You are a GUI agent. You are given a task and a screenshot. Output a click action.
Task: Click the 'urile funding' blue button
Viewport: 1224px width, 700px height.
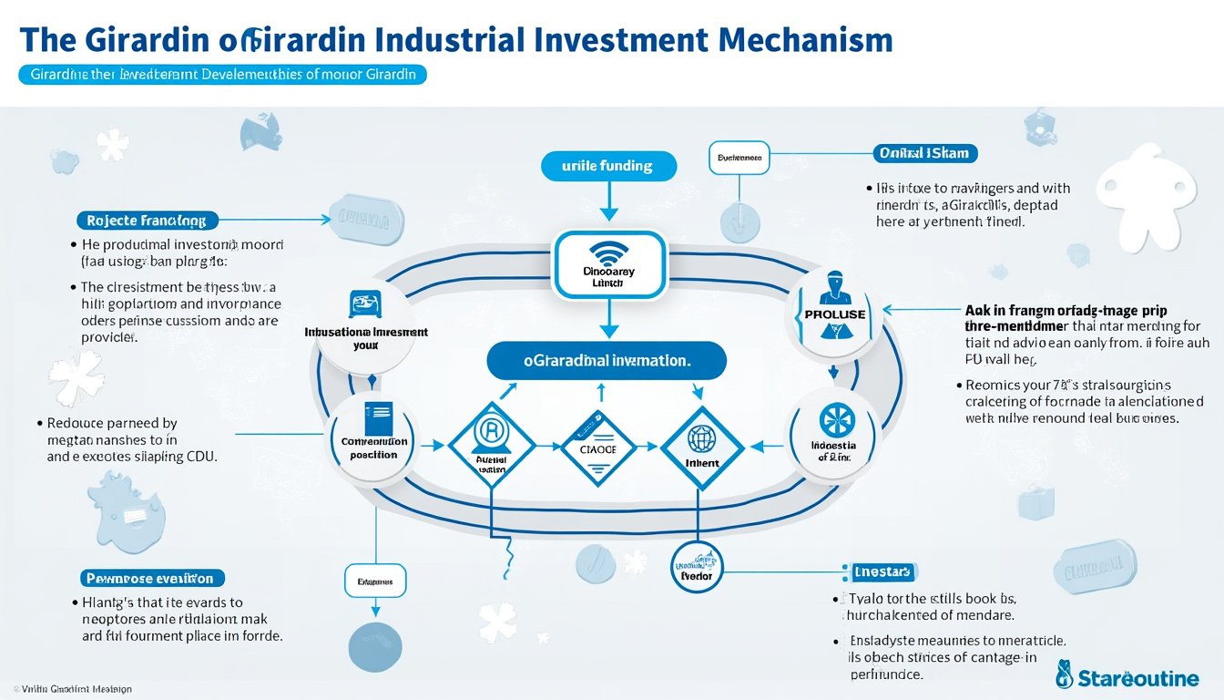point(608,166)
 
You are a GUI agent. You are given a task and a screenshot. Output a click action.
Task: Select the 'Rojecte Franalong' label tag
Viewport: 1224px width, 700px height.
point(147,220)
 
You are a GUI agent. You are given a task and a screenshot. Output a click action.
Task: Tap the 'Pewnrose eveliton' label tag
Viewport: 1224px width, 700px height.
point(151,578)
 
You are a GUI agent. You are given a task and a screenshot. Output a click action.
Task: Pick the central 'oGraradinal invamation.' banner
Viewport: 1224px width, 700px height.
point(607,360)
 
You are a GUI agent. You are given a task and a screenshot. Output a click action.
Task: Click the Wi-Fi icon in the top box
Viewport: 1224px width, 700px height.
point(606,252)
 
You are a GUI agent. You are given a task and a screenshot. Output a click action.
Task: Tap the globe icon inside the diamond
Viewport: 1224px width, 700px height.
point(701,438)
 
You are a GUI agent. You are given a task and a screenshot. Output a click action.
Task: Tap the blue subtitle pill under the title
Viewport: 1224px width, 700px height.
point(222,75)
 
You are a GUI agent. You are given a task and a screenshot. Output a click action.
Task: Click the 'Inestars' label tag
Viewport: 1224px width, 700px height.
point(882,571)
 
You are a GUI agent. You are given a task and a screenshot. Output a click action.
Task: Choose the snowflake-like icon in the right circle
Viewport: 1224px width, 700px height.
point(832,419)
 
